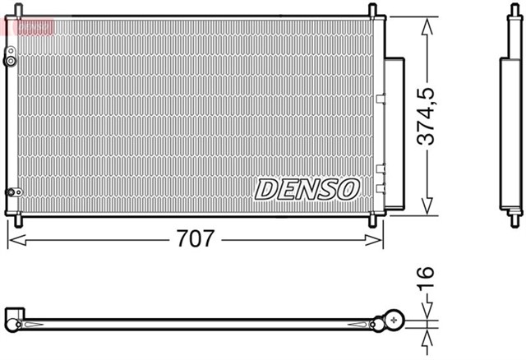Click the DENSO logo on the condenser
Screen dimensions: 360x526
pyautogui.click(x=307, y=188)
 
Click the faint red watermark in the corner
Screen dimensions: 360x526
pyautogui.click(x=28, y=26)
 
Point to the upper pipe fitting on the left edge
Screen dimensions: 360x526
pyautogui.click(x=10, y=59)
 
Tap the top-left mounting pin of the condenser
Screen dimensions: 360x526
pyautogui.click(x=18, y=11)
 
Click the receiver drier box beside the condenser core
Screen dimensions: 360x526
pyautogui.click(x=395, y=132)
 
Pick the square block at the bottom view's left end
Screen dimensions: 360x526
pyautogui.click(x=15, y=318)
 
